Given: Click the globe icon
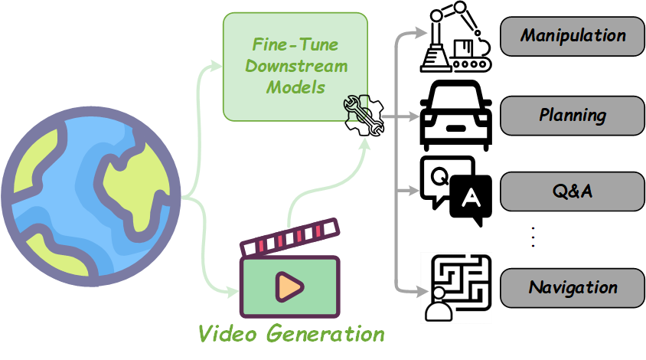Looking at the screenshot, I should [x=90, y=197].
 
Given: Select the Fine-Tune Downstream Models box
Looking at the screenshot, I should [x=295, y=66].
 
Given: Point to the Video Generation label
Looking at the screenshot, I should [x=291, y=333].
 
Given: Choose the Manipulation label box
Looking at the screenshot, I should [x=573, y=35].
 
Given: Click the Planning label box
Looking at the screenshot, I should [x=573, y=116].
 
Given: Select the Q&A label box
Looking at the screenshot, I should [x=573, y=191].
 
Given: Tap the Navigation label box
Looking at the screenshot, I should [x=573, y=288].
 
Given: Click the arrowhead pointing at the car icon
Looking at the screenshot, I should [x=414, y=116].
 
